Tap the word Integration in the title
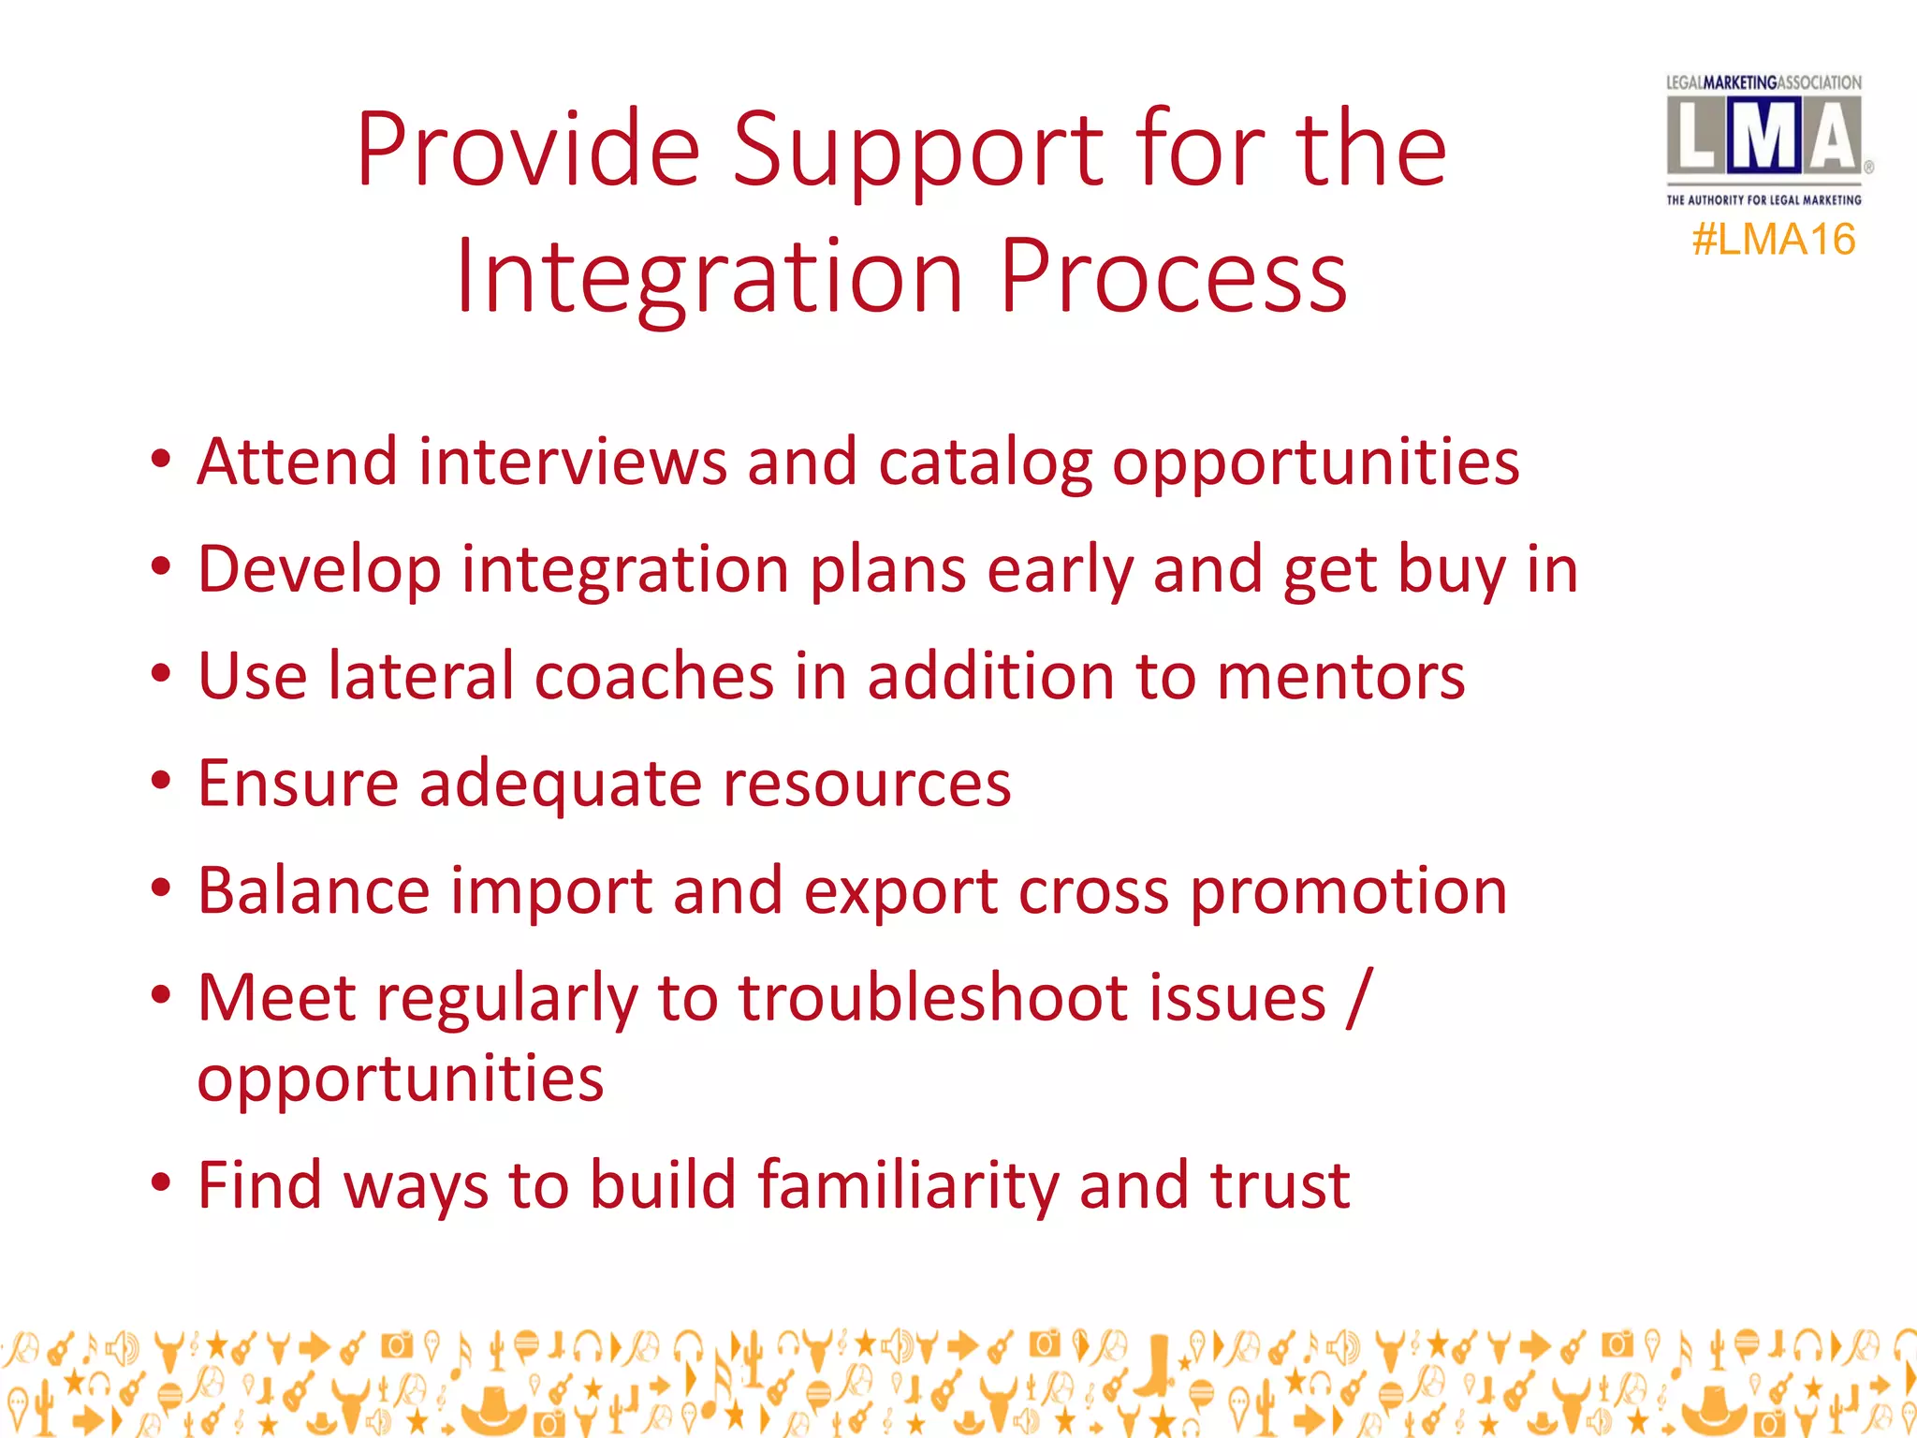tap(710, 276)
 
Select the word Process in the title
tap(1174, 276)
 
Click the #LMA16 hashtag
tap(1773, 240)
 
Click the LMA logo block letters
tap(1763, 139)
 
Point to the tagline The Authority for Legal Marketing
tap(1763, 199)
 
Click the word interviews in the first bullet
tap(572, 462)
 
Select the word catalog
tap(985, 464)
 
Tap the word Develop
tap(319, 571)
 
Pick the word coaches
tap(652, 677)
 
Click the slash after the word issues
tap(1359, 998)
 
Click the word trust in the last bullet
tap(1280, 1185)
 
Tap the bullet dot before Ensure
tap(161, 781)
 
